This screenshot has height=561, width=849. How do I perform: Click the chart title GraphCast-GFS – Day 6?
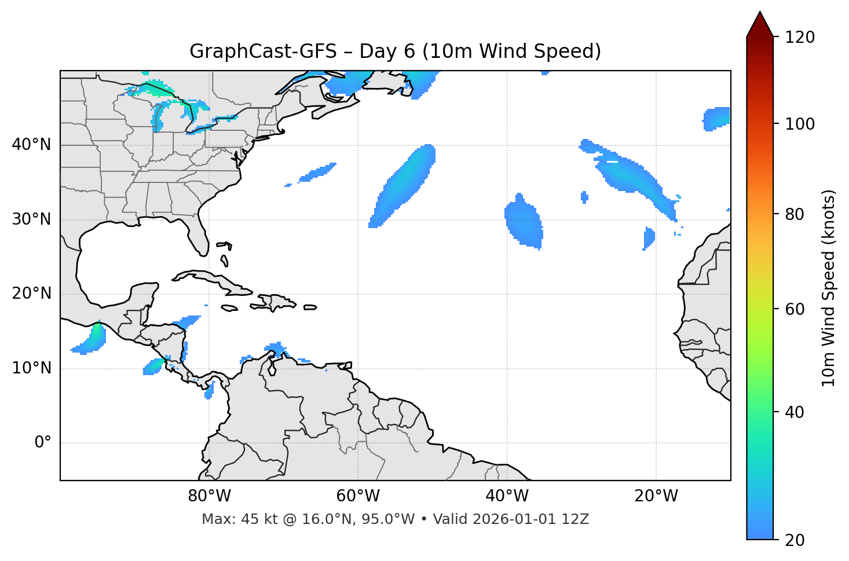coord(395,52)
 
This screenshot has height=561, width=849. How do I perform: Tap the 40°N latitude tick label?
coord(31,145)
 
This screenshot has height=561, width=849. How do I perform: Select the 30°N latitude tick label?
coord(31,219)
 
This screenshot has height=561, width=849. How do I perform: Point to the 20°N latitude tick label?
coord(31,294)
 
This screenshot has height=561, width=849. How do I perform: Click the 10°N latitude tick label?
coord(31,368)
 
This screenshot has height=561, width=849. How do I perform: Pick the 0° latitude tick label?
coord(42,443)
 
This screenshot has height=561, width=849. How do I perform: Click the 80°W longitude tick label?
coord(209,496)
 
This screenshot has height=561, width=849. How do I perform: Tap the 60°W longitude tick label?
coord(358,496)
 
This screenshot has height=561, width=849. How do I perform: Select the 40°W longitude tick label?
coord(507,496)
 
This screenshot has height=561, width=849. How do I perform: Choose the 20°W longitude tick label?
coord(656,496)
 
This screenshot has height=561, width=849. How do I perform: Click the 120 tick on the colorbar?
coord(800,37)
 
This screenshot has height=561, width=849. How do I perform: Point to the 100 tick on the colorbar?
coord(800,124)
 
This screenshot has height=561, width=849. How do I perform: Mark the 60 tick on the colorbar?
coord(796,309)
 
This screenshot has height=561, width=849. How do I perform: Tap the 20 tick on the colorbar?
coord(796,540)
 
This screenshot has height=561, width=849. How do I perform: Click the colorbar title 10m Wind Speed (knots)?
coord(829,288)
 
